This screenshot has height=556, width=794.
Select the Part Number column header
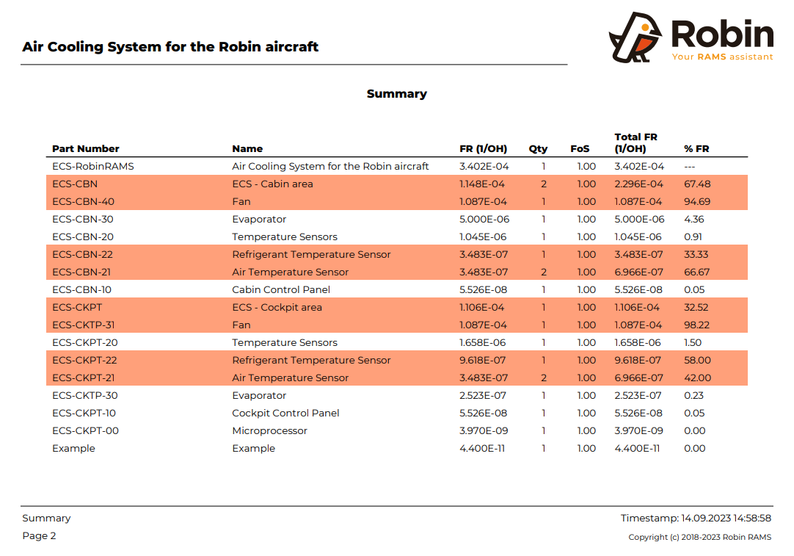point(85,148)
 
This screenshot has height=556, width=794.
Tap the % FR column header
point(696,148)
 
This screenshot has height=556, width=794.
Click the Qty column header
point(538,148)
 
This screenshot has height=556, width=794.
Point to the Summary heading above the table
point(396,94)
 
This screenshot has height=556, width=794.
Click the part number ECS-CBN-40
point(83,201)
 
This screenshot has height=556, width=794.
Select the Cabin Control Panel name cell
point(281,289)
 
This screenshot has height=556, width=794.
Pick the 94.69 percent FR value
point(697,201)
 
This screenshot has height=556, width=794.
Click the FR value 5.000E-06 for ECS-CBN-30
point(484,219)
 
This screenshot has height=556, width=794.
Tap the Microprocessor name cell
point(269,430)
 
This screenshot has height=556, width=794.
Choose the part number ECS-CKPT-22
point(84,360)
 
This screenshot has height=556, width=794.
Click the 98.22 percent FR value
point(697,325)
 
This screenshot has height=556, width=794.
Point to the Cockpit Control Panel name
point(285,413)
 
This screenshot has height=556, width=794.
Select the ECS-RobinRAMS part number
point(93,166)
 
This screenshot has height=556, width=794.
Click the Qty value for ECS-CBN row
point(544,184)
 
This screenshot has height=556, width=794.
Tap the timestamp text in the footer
point(696,518)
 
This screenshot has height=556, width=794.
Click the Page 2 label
point(39,535)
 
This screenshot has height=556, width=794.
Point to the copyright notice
point(699,537)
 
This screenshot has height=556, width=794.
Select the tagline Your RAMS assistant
point(722,57)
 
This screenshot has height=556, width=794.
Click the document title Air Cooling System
point(170,47)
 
